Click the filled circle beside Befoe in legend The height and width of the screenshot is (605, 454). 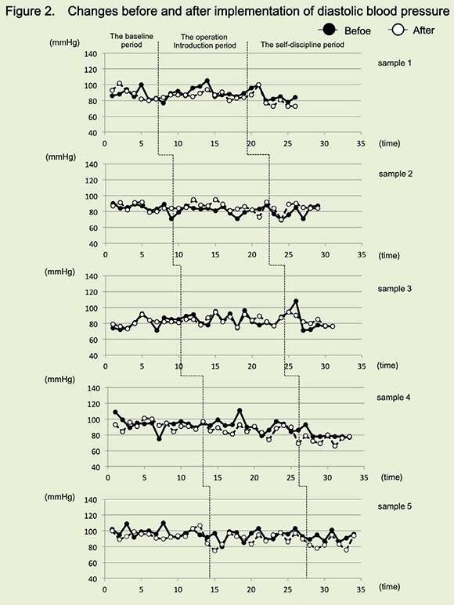click(328, 30)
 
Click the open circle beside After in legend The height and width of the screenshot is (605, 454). click(398, 30)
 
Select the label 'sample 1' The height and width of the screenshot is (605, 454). click(395, 63)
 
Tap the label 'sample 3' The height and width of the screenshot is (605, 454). click(395, 289)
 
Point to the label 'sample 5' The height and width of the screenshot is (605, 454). click(395, 506)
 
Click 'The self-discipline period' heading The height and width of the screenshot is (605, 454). click(302, 45)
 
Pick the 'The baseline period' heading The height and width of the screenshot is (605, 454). click(132, 41)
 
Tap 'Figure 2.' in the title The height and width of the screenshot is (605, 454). click(30, 11)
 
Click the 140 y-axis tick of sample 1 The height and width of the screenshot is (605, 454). click(91, 54)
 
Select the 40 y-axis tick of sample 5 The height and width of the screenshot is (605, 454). click(93, 578)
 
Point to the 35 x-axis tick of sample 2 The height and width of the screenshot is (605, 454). click(361, 254)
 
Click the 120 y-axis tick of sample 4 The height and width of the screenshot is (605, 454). click(94, 404)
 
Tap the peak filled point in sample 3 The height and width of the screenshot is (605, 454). click(296, 301)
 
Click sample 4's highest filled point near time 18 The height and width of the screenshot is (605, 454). click(240, 411)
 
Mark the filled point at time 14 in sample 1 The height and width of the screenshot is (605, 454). click(207, 81)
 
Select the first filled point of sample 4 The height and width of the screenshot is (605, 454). click(115, 412)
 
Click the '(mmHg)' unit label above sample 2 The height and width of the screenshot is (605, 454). click(60, 157)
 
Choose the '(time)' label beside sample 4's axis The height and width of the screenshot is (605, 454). click(391, 477)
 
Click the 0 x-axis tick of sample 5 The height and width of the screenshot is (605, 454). click(105, 589)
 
